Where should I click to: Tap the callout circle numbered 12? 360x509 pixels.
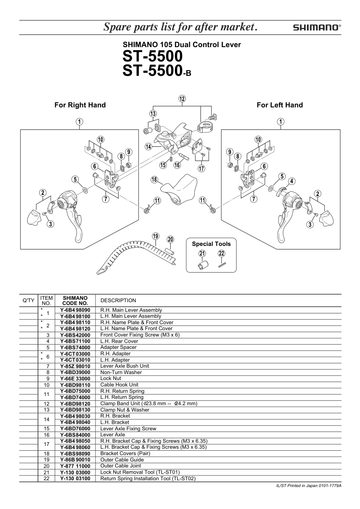pyautogui.click(x=182, y=99)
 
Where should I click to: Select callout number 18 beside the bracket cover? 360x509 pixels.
pyautogui.click(x=155, y=180)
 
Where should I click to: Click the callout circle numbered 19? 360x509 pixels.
pyautogui.click(x=156, y=236)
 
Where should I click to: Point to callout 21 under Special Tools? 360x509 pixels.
pyautogui.click(x=202, y=254)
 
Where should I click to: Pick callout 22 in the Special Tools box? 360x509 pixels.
pyautogui.click(x=221, y=254)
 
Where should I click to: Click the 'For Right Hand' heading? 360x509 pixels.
pyautogui.click(x=80, y=105)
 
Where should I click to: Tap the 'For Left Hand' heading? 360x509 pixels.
pyautogui.click(x=280, y=105)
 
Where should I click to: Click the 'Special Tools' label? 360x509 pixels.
pyautogui.click(x=211, y=244)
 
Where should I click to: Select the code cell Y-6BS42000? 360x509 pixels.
pyautogui.click(x=75, y=335)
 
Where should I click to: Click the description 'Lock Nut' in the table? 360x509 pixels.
pyautogui.click(x=111, y=378)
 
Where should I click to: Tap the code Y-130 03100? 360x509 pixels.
pyautogui.click(x=75, y=478)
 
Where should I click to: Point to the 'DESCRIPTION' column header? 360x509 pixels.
pyautogui.click(x=118, y=301)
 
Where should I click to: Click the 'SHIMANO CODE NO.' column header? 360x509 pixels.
pyautogui.click(x=75, y=301)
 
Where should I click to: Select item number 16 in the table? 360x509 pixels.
pyautogui.click(x=47, y=435)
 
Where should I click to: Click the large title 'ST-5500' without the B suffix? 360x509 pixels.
pyautogui.click(x=153, y=57)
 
